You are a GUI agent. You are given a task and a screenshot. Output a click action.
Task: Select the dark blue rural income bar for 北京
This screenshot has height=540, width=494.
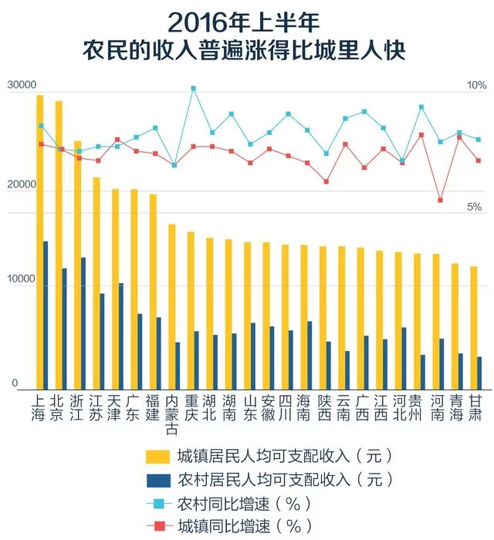pyautogui.click(x=65, y=328)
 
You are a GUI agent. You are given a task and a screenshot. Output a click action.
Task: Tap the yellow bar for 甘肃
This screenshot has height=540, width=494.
pyautogui.click(x=473, y=327)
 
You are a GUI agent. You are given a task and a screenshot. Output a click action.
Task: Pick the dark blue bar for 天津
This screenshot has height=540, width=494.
pyautogui.click(x=121, y=336)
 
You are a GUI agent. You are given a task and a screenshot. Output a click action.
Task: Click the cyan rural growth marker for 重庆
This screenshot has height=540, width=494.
pyautogui.click(x=193, y=89)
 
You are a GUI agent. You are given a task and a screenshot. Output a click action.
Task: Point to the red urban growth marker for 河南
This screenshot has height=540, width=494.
pyautogui.click(x=440, y=200)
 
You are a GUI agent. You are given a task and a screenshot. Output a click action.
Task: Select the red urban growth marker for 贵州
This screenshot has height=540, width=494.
pyautogui.click(x=421, y=135)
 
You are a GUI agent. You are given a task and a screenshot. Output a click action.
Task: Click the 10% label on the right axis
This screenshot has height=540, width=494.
pyautogui.click(x=476, y=85)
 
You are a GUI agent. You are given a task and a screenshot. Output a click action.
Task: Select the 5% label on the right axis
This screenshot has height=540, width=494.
pyautogui.click(x=473, y=207)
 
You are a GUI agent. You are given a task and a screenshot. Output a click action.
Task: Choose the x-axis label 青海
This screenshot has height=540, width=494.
pyautogui.click(x=458, y=407)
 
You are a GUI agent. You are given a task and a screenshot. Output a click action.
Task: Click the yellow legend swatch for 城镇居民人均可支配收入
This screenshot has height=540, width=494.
pyautogui.click(x=158, y=454)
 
